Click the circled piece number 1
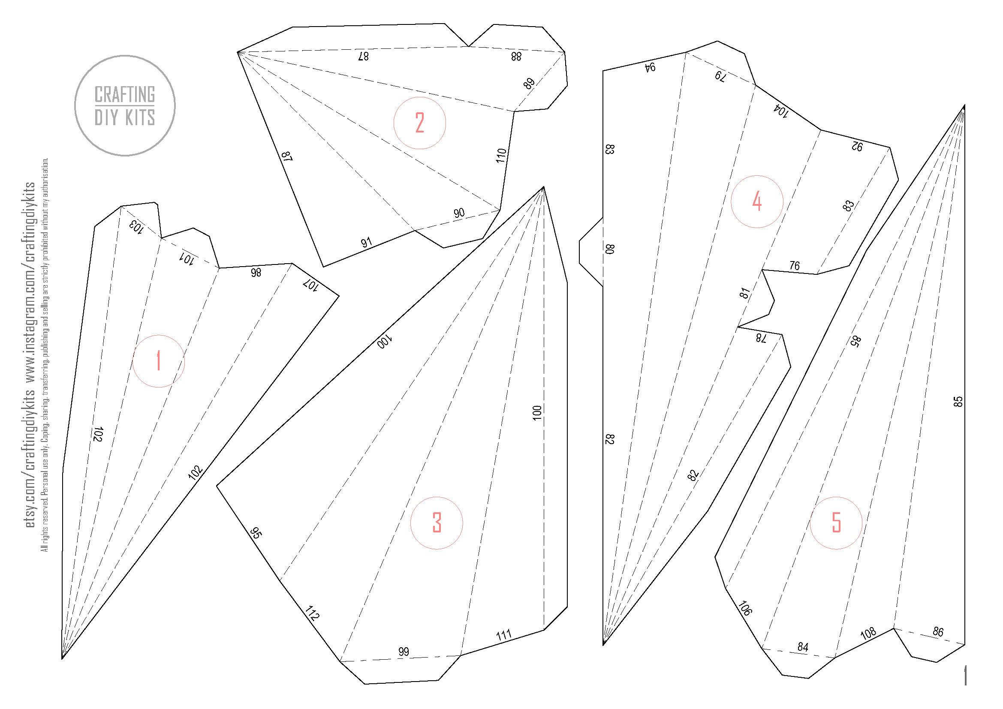tap(159, 361)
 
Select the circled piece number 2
tap(420, 123)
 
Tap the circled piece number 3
tap(437, 523)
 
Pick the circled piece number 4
tap(757, 202)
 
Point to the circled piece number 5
tap(836, 523)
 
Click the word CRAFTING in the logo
tap(125, 94)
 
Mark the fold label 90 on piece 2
tap(459, 213)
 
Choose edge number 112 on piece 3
tap(312, 613)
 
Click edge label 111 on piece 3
tap(504, 635)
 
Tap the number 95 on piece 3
tap(256, 533)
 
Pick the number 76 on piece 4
tap(795, 265)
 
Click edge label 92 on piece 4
tap(857, 147)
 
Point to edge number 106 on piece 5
tap(744, 608)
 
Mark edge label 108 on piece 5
tap(868, 633)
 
